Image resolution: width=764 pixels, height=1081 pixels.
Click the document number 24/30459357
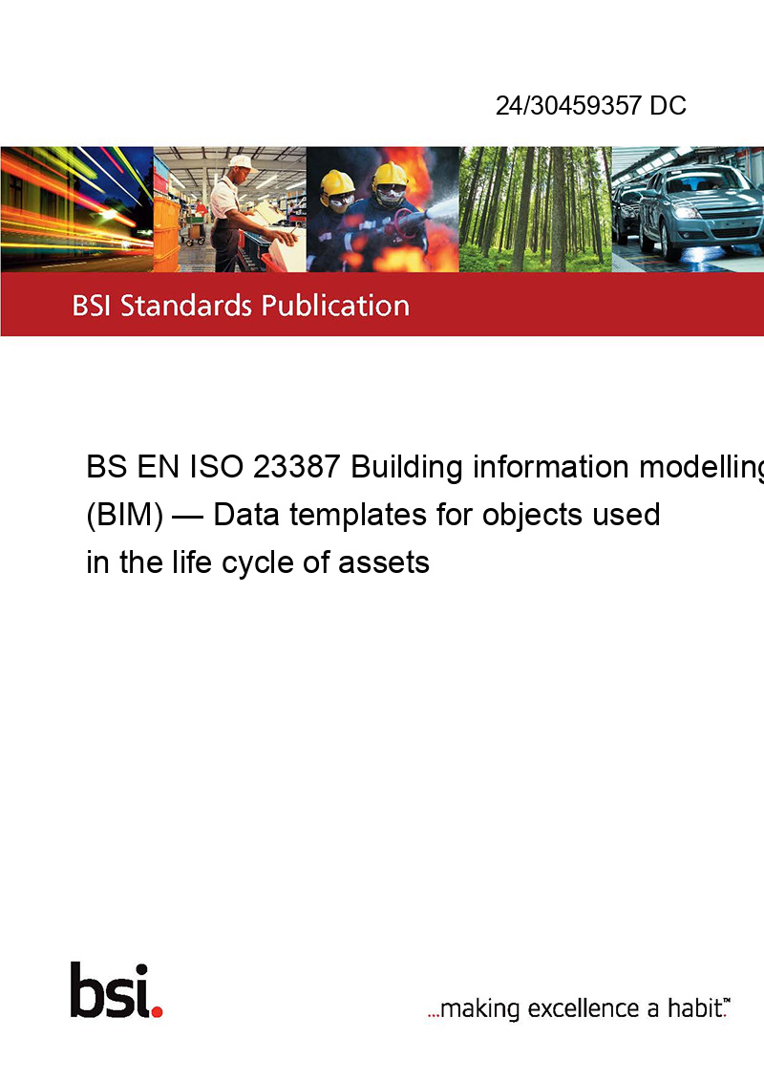point(569,105)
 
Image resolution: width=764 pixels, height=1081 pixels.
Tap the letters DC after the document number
point(668,105)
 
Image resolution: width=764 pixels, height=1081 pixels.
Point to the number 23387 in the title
point(296,467)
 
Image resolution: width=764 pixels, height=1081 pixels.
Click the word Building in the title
point(407,468)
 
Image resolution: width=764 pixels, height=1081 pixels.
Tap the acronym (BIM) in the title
point(125,515)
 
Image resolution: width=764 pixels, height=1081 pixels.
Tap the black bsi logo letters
point(110,990)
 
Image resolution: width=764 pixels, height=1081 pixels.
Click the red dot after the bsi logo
point(157,1011)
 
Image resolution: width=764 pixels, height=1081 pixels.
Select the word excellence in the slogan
point(584,1008)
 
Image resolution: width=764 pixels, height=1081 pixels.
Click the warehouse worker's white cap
point(242,162)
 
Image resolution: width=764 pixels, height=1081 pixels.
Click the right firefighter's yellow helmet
point(390,175)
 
